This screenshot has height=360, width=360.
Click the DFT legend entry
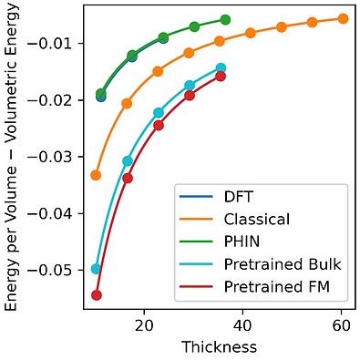(238, 197)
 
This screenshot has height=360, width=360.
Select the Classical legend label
(257, 219)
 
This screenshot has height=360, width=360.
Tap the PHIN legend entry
(242, 242)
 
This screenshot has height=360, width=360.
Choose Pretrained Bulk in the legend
(283, 264)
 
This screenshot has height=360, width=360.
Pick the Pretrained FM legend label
(277, 286)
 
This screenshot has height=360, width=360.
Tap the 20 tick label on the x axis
(144, 325)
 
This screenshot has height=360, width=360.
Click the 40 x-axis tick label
(242, 325)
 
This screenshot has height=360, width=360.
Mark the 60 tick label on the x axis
(341, 325)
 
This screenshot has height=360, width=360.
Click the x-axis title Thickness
(220, 347)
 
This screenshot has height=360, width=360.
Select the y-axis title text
(11, 157)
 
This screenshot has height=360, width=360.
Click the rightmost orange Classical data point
(343, 18)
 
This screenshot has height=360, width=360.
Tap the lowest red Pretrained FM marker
(97, 295)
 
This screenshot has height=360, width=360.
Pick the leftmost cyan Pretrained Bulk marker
(96, 269)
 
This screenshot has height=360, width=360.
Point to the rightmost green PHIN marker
(225, 20)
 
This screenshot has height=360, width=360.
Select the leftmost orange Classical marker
(96, 175)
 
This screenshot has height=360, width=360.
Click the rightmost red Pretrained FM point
(221, 77)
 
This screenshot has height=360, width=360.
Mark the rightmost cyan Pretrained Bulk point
(221, 68)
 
